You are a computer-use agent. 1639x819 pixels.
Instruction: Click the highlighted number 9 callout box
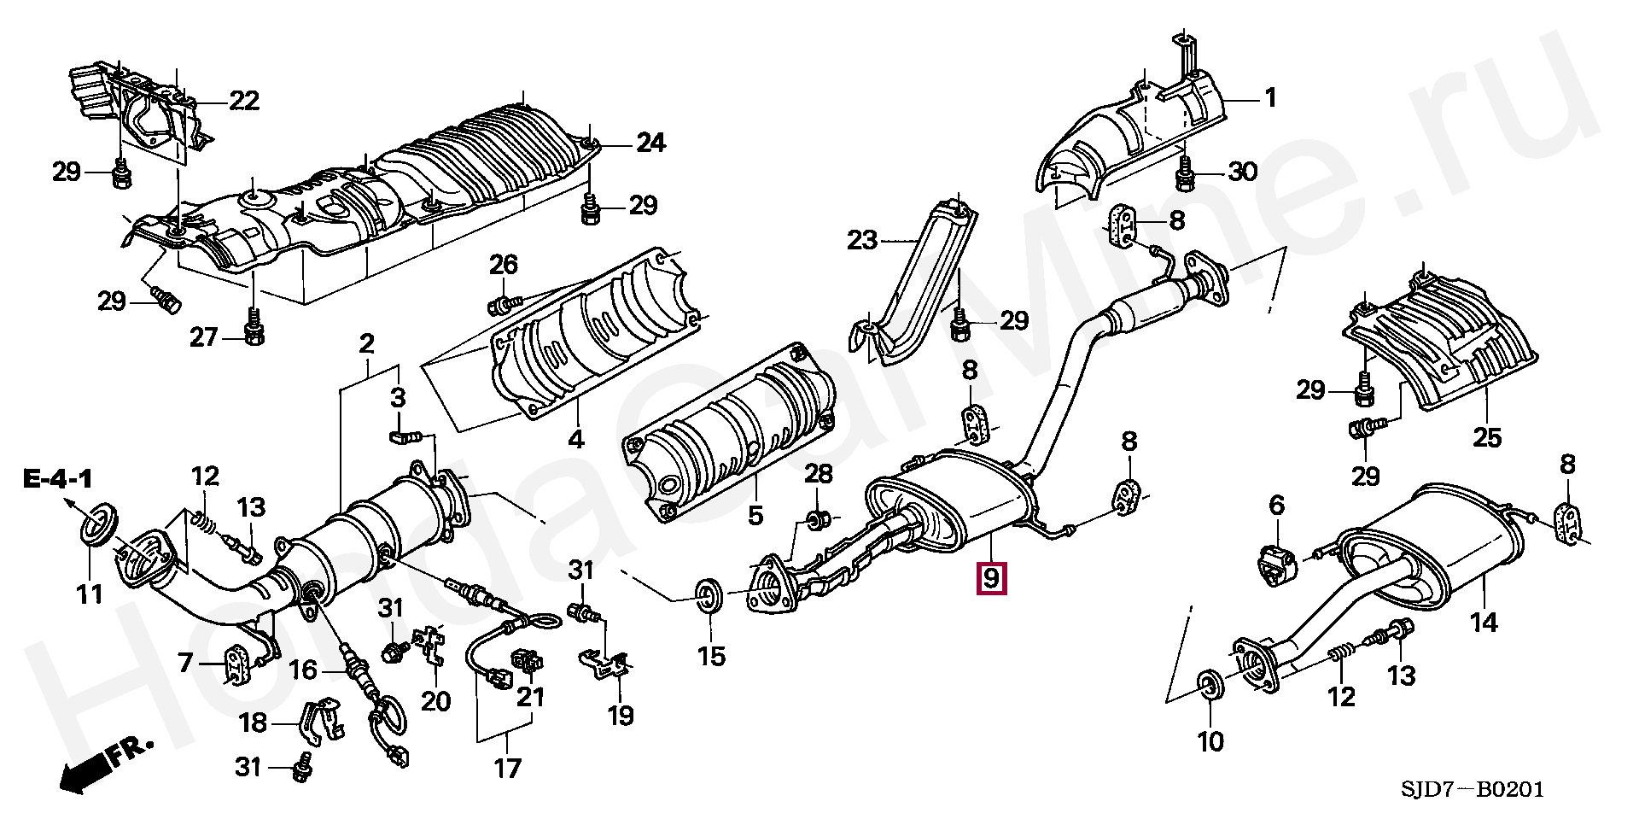click(x=990, y=578)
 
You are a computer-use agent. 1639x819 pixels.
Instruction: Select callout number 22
click(x=242, y=101)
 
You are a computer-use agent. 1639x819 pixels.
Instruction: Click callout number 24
click(x=650, y=143)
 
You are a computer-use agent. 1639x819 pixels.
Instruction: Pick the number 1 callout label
click(x=1269, y=99)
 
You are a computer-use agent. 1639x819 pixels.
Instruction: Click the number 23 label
click(x=862, y=241)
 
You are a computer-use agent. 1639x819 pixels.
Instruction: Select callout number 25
click(x=1486, y=438)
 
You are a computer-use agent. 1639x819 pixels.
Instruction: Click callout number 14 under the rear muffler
click(x=1484, y=623)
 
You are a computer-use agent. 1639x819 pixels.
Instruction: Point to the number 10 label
click(x=1211, y=740)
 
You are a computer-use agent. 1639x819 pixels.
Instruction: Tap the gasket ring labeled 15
click(x=709, y=595)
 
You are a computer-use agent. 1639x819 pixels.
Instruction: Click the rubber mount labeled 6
click(x=1277, y=565)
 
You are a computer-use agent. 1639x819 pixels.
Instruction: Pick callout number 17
click(x=507, y=768)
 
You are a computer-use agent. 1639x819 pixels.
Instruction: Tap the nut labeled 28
click(x=817, y=519)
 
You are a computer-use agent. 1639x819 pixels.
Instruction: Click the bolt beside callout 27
click(x=254, y=332)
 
